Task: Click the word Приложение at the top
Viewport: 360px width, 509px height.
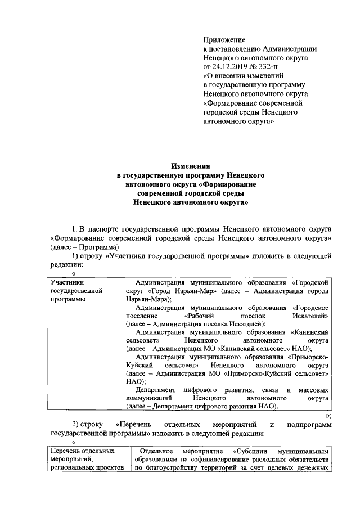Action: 224,40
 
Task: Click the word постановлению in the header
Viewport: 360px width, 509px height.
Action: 235,49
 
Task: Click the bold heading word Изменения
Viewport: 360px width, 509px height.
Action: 191,166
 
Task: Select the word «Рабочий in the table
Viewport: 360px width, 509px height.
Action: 199,317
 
